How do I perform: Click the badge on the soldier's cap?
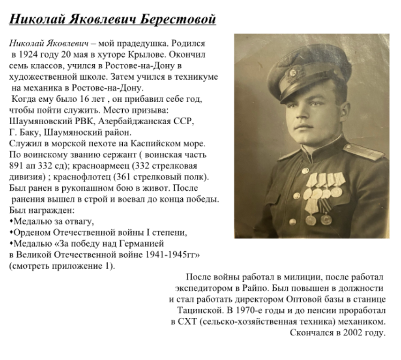pyautogui.click(x=295, y=72)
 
